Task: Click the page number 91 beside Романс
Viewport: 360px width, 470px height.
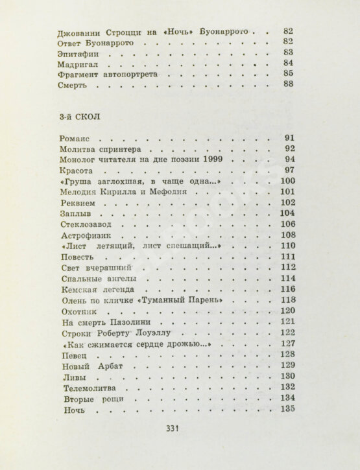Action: point(290,139)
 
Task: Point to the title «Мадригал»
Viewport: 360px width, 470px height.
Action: point(80,63)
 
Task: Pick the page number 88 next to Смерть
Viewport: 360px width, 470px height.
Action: point(289,84)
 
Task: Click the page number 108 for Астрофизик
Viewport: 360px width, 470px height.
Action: point(287,235)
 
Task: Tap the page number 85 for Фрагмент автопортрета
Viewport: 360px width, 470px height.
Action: point(289,74)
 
